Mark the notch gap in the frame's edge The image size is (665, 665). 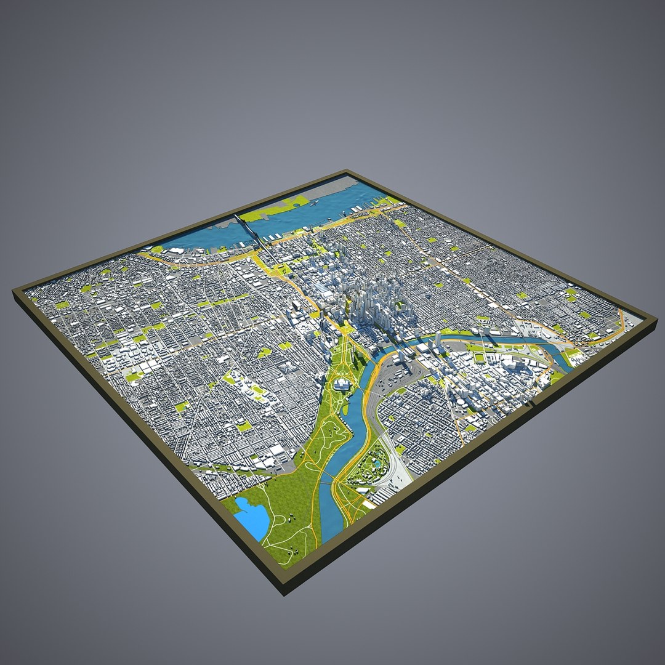click(x=531, y=403)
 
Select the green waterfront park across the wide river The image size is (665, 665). click(x=284, y=206)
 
